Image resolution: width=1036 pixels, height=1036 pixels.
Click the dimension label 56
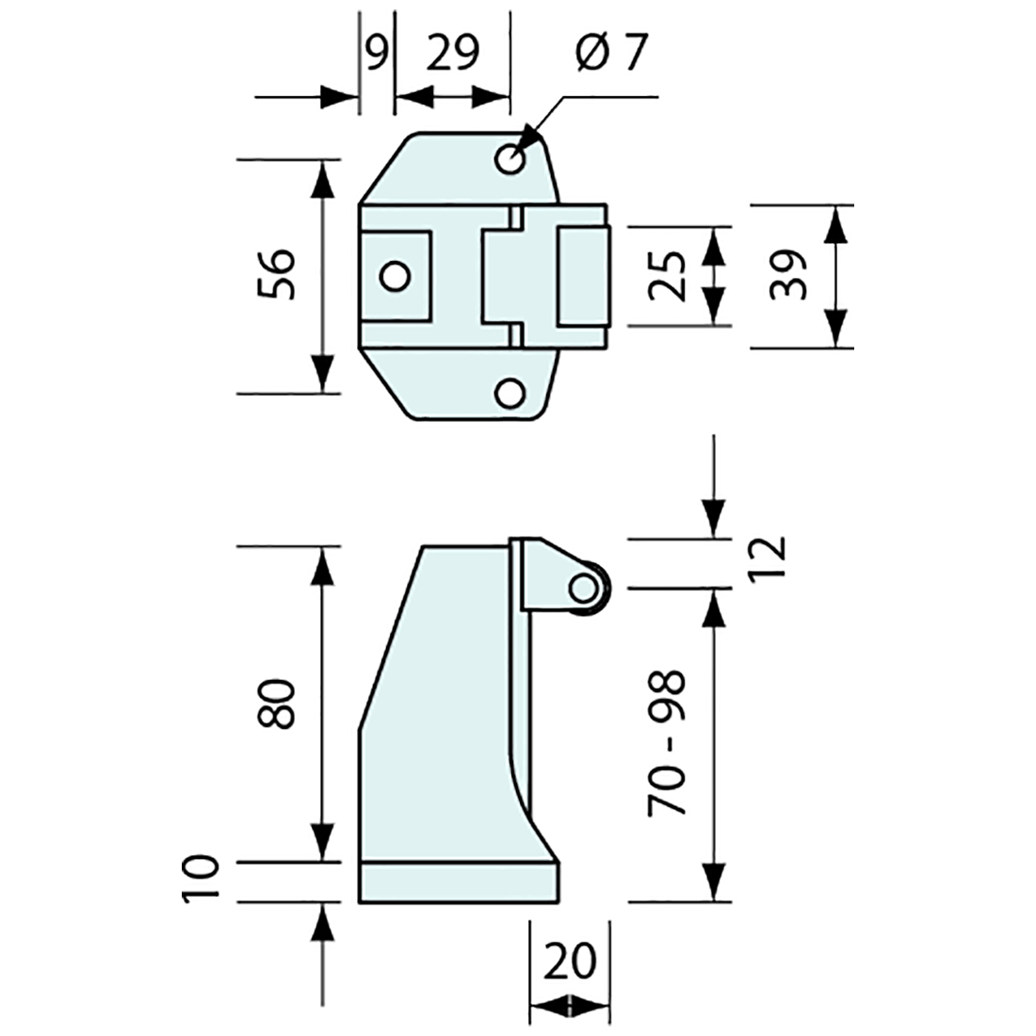[x=280, y=274]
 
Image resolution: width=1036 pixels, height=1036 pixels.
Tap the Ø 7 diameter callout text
[x=609, y=56]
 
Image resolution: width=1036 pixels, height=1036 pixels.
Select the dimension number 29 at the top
[x=453, y=56]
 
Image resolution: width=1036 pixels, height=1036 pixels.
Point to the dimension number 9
[x=375, y=56]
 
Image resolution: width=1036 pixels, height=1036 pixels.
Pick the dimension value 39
[x=789, y=274]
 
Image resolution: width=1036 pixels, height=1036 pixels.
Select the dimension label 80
[x=280, y=703]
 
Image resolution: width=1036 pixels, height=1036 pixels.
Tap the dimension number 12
[x=769, y=561]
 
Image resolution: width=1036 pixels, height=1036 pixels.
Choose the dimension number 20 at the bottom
[x=570, y=962]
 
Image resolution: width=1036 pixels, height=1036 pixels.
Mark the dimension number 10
[x=201, y=880]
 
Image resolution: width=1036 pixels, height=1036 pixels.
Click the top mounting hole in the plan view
[x=510, y=159]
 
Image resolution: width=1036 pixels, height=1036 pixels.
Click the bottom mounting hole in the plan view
[x=510, y=393]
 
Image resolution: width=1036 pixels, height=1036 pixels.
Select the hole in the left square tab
[x=395, y=276]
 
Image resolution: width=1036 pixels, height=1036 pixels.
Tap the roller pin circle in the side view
[x=584, y=590]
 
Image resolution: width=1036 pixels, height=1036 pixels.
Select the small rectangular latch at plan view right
[x=583, y=276]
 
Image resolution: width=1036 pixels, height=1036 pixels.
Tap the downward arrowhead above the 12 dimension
[x=715, y=521]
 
